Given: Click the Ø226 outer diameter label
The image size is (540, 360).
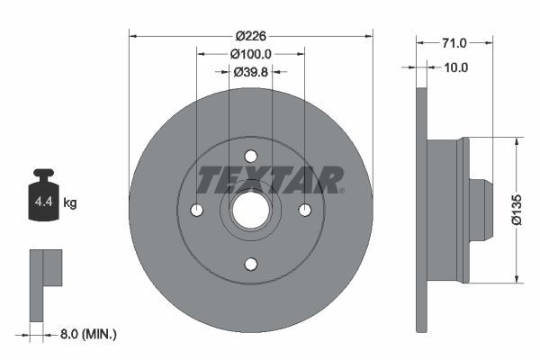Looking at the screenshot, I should tap(251, 36).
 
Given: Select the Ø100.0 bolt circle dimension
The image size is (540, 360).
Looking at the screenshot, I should tap(251, 54).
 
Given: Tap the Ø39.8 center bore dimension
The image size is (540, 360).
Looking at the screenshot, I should tap(251, 72).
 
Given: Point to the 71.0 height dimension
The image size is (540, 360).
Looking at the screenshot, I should tap(454, 42).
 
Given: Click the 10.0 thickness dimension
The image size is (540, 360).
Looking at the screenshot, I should tap(456, 67).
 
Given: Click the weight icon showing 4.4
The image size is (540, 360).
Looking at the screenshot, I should tap(43, 197).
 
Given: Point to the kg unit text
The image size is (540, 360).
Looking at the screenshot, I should tap(69, 203).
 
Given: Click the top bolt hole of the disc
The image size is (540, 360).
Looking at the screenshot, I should tap(251, 156).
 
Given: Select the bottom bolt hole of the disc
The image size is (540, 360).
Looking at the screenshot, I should tap(251, 264).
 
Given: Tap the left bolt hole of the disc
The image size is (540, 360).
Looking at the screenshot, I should tap(197, 210).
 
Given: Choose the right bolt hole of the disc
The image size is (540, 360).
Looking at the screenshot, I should tap(305, 210).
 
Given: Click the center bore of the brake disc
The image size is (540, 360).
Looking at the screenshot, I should tap(251, 210).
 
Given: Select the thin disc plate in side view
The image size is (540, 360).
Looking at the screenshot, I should tap(420, 210).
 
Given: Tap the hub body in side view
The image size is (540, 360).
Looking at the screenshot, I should tap(445, 210).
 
